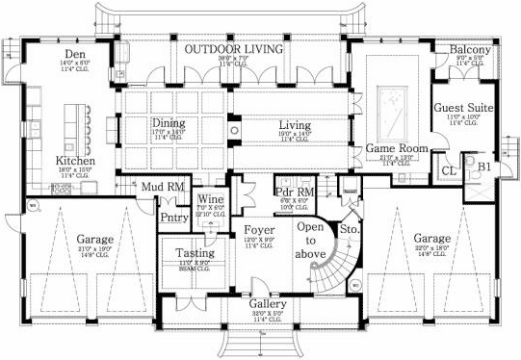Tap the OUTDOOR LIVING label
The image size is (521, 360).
pyautogui.click(x=233, y=48)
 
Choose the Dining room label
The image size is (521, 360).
pyautogui.click(x=168, y=123)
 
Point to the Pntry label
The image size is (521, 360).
pyautogui.click(x=174, y=219)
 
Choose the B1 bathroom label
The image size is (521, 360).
pyautogui.click(x=483, y=166)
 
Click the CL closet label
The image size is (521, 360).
pyautogui.click(x=448, y=170)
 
